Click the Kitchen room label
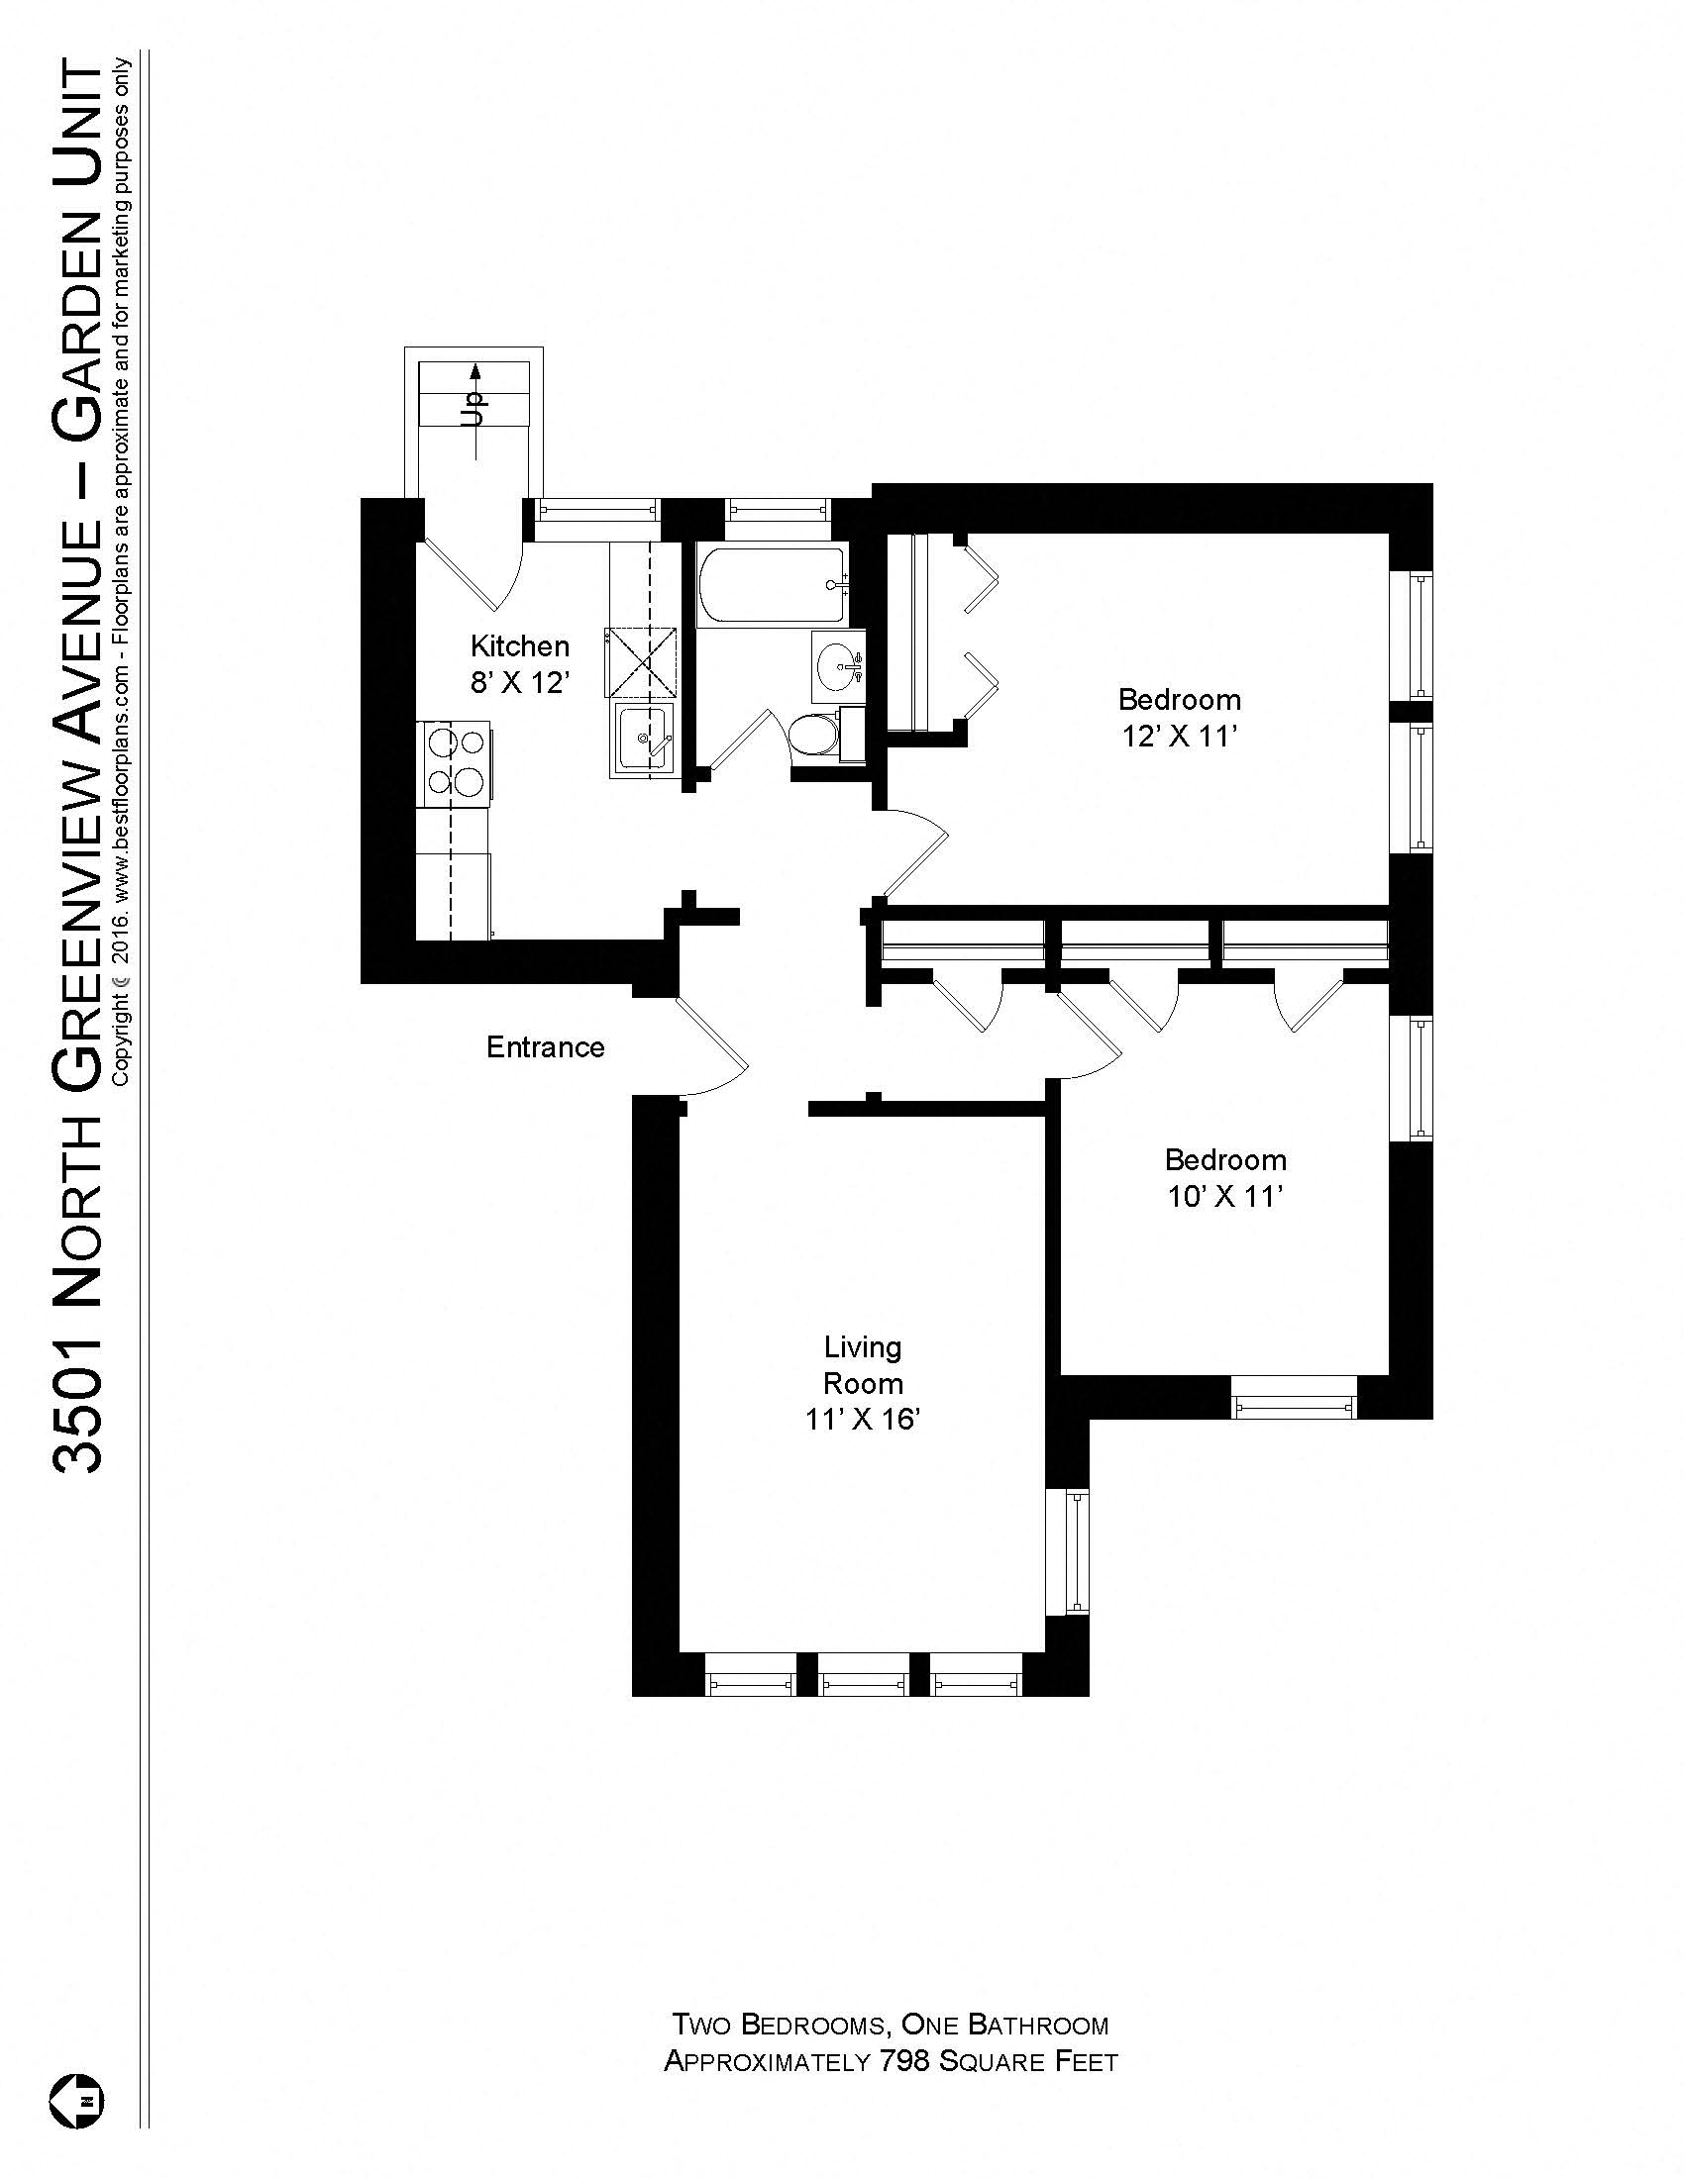519,646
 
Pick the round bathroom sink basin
836,662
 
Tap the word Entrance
545,1047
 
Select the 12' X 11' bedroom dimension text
1178,736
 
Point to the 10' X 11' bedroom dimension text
1224,1196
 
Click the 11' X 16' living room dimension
862,1419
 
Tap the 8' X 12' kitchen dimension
519,683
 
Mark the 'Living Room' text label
862,1365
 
